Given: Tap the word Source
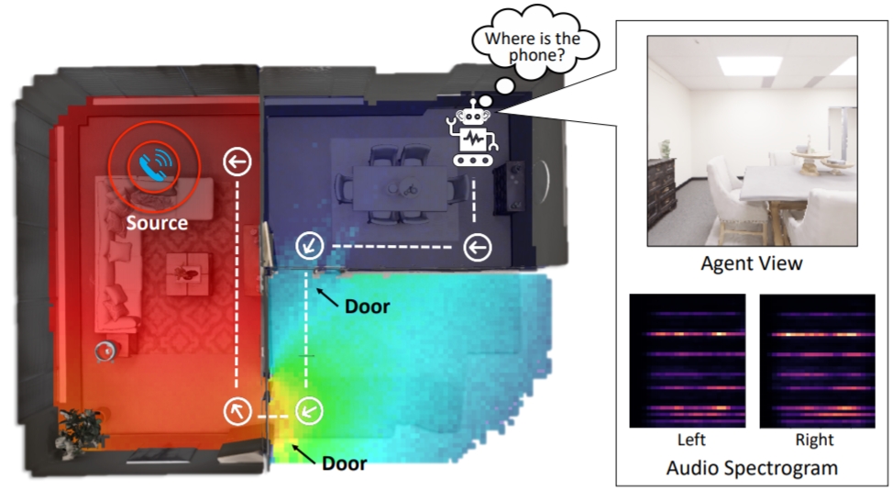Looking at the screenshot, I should click(x=157, y=223).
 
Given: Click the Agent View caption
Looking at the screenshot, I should click(x=752, y=264).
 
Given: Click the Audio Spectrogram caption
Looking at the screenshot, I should click(x=752, y=467).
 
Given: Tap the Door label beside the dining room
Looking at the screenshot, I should click(x=367, y=306).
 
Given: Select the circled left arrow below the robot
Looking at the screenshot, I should click(x=478, y=247).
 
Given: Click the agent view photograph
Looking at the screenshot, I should click(x=752, y=140).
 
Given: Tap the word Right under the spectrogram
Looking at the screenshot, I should click(x=815, y=440).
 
